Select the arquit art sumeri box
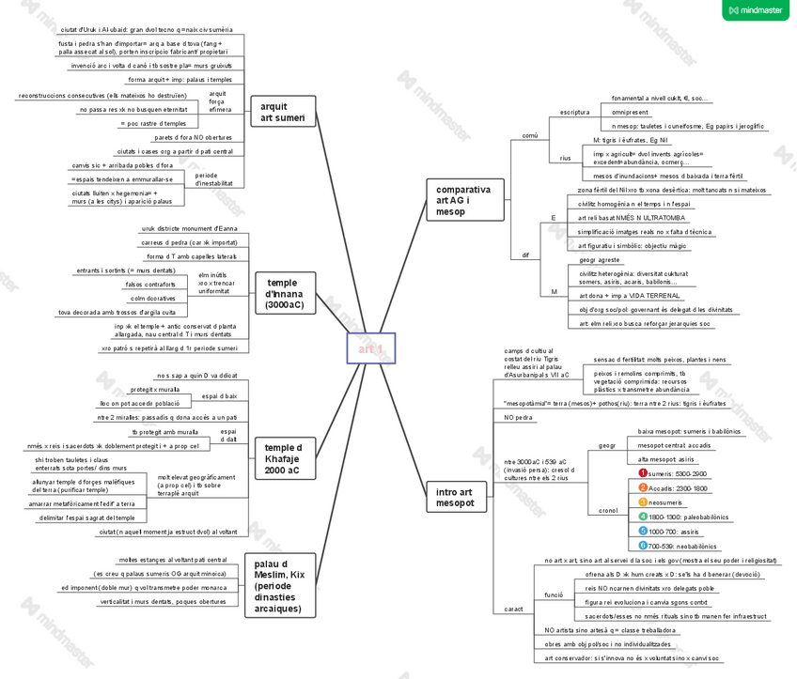point(283,112)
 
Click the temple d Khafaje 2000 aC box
point(283,459)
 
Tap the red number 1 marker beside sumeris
point(643,474)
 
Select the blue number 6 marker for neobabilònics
point(643,545)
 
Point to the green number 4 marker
point(643,517)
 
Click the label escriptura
point(574,112)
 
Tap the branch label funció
point(554,594)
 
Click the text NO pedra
point(518,417)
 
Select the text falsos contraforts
point(150,285)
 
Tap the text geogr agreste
point(600,259)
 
